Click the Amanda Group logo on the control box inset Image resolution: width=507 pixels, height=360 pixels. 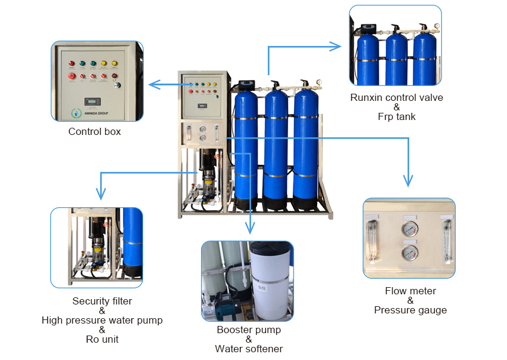[x=76, y=112]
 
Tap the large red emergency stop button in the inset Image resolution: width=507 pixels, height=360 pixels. [x=72, y=75]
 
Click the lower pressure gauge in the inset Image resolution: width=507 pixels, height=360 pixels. [x=409, y=252]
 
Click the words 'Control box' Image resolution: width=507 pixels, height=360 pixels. [x=94, y=131]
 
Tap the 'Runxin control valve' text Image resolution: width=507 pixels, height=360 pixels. [x=397, y=97]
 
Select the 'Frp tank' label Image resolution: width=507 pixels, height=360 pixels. [x=397, y=116]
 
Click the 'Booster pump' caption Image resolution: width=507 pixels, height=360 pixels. [x=249, y=330]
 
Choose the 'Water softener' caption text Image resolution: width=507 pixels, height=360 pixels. [x=249, y=349]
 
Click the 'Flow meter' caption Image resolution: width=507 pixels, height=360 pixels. [x=410, y=291]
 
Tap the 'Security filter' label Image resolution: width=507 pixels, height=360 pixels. [x=102, y=301]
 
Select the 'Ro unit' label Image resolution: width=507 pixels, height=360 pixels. [x=102, y=339]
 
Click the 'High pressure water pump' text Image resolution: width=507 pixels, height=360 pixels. [x=102, y=320]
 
